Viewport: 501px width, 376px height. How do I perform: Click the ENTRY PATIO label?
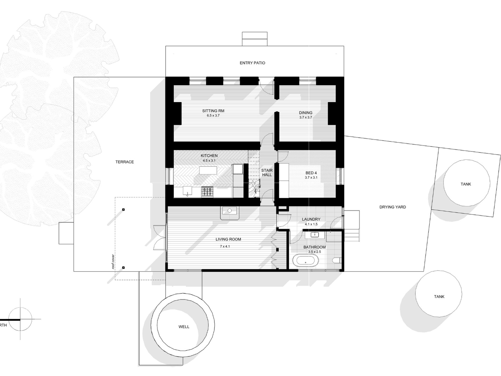tap(252, 63)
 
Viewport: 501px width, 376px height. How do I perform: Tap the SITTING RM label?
tap(213, 111)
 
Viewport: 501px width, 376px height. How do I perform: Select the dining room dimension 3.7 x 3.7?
tap(306, 117)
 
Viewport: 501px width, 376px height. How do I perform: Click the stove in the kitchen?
tap(207, 192)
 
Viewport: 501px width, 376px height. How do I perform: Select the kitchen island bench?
tap(208, 170)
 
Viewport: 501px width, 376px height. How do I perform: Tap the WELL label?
tap(184, 327)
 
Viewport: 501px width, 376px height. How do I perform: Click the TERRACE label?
tap(124, 162)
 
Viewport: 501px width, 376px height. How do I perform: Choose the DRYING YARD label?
tap(393, 207)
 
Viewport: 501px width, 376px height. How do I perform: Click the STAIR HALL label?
tap(267, 173)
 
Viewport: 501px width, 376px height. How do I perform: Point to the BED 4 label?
tap(311, 173)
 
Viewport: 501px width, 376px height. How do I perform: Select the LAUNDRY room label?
tap(311, 219)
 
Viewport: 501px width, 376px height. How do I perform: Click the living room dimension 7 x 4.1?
tap(225, 246)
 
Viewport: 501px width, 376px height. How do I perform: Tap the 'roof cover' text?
tap(113, 261)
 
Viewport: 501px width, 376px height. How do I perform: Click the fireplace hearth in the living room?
tap(230, 213)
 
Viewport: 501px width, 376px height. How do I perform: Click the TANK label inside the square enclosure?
tap(466, 184)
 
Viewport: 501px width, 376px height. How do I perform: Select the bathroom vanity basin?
tap(315, 234)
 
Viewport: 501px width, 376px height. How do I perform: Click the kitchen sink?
tap(187, 192)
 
